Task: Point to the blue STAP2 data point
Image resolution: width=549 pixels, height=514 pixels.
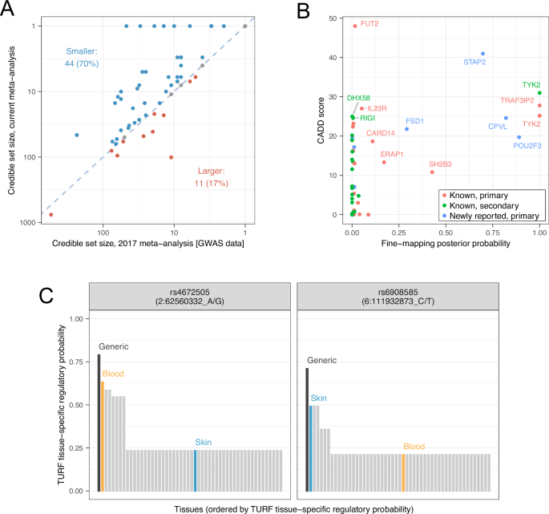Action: (482, 54)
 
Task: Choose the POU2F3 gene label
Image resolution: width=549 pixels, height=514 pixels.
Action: (529, 147)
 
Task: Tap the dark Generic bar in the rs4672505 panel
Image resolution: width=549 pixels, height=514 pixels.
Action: (98, 422)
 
